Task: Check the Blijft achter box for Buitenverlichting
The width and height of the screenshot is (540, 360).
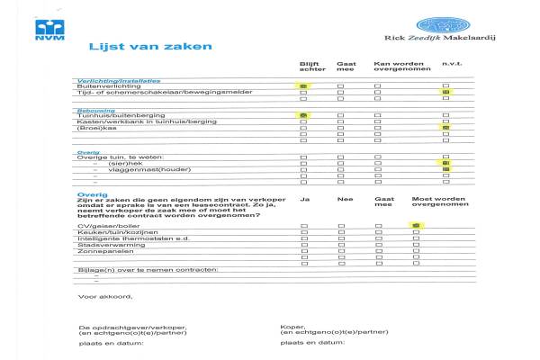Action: coord(303,85)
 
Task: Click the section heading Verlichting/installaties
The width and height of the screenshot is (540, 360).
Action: coord(109,80)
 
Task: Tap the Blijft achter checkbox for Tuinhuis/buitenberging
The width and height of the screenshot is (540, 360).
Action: coord(303,116)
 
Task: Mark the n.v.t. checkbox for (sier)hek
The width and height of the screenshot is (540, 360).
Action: coord(445,163)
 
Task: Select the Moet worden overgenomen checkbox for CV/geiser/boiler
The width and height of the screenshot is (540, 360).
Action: coord(416,225)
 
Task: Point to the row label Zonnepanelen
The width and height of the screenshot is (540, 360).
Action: coord(102,251)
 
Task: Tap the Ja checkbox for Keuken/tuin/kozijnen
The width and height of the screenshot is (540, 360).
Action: coord(303,232)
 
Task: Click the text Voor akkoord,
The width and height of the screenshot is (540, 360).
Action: coord(105,297)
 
